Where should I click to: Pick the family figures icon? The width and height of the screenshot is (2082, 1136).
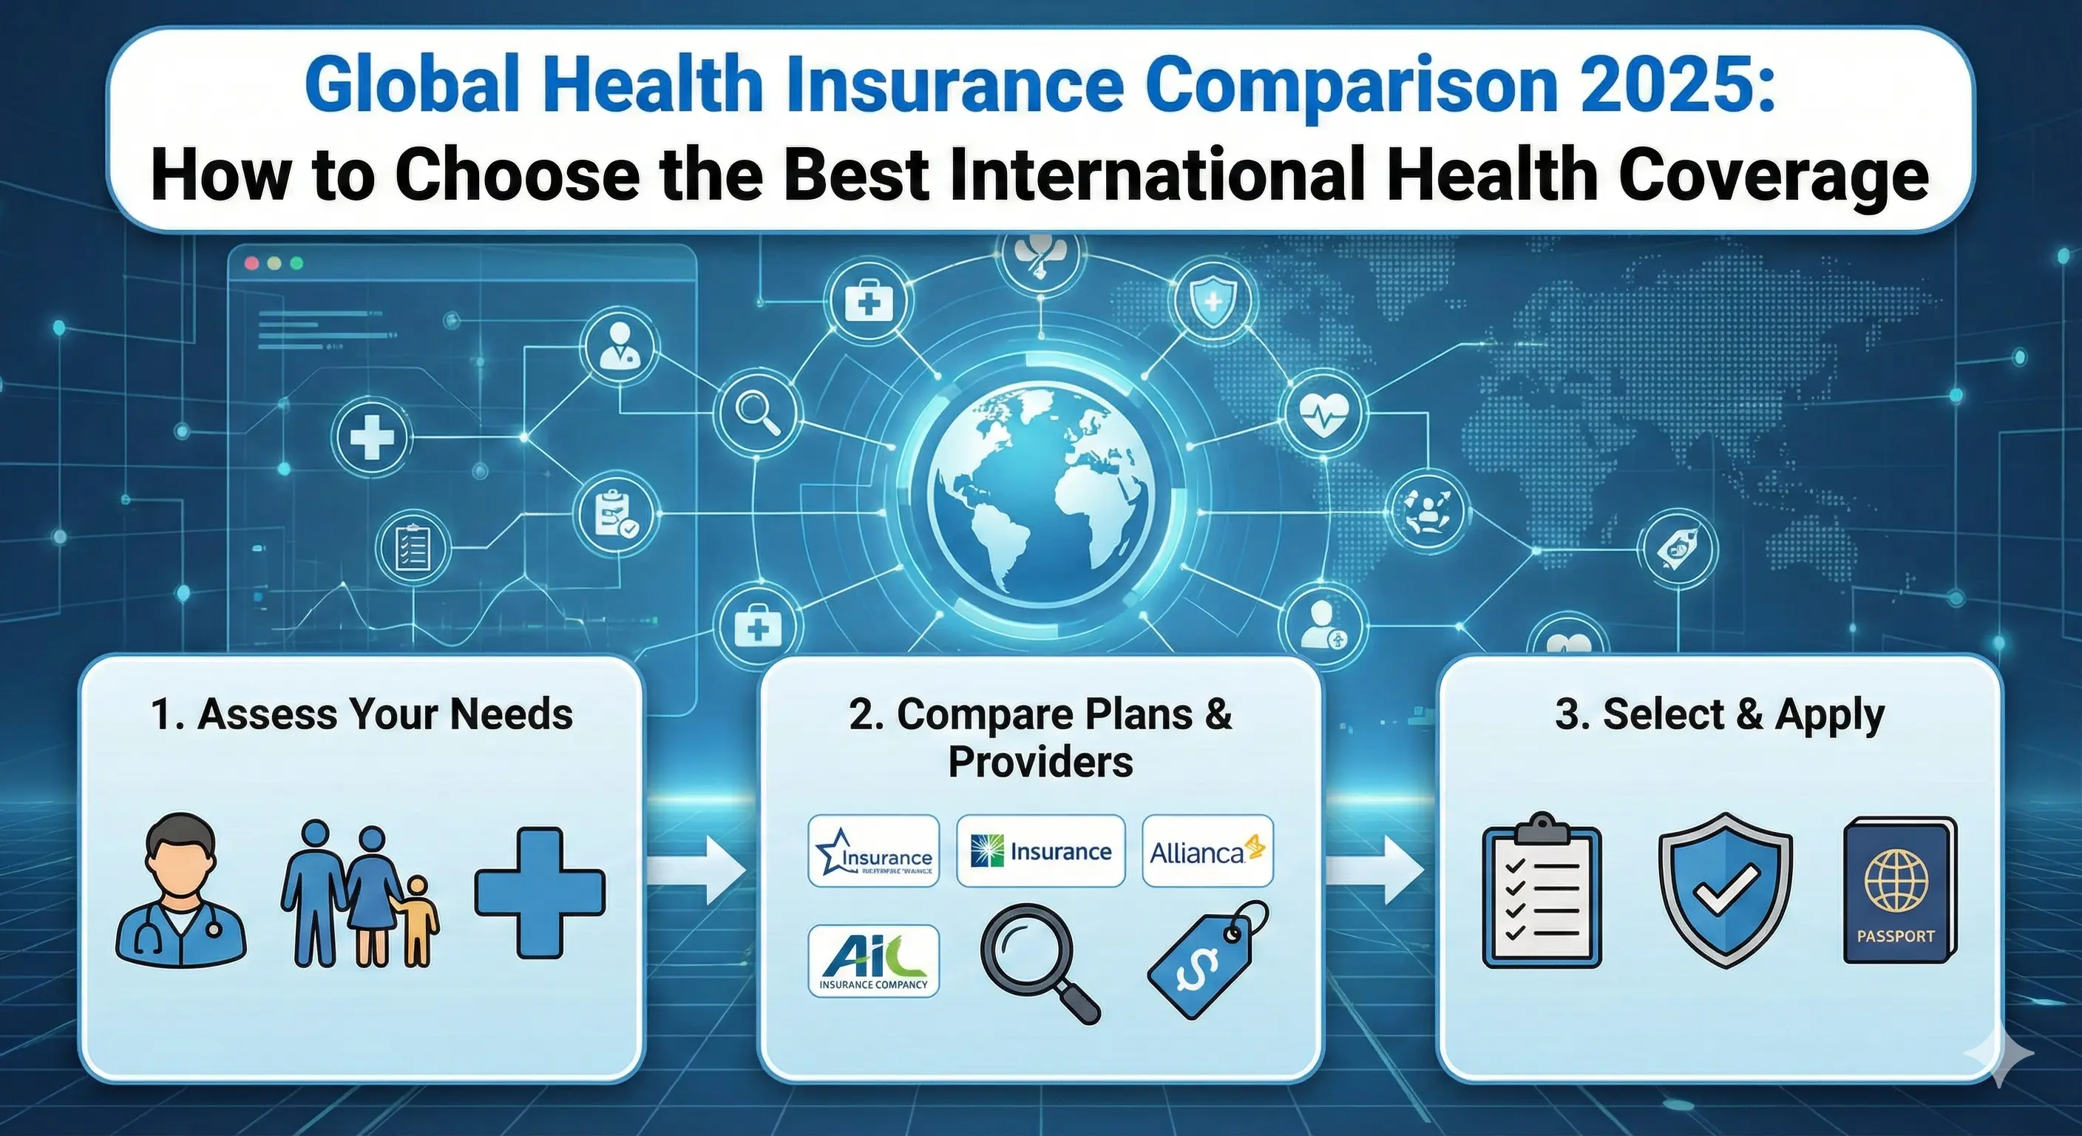point(359,895)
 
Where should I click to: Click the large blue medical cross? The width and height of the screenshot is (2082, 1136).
point(540,893)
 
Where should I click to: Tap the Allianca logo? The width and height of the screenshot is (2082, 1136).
point(1207,851)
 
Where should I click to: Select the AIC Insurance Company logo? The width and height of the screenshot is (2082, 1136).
point(874,961)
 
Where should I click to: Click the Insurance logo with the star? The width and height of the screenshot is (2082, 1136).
point(874,851)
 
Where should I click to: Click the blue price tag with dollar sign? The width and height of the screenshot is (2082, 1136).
point(1207,960)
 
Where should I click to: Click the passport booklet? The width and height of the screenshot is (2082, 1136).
point(1899,891)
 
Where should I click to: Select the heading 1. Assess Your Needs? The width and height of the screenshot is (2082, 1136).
point(362,714)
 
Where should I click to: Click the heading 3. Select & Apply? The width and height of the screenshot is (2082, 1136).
point(1720,714)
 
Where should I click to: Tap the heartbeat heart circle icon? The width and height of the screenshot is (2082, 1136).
point(1323,413)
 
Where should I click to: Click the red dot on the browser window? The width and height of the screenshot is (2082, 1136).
point(251,263)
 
